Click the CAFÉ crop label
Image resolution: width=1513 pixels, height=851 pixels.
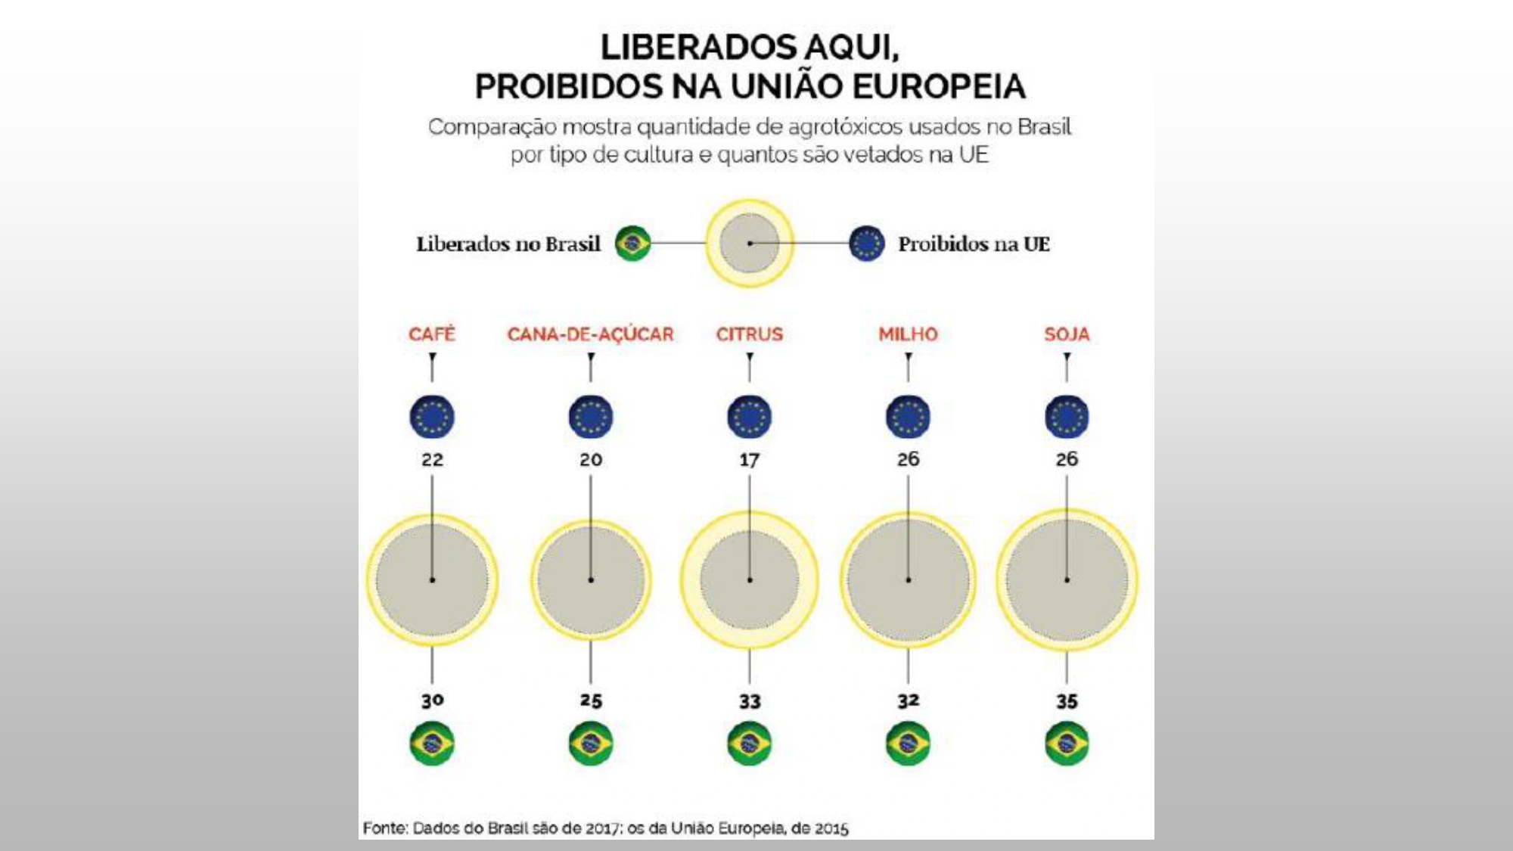tap(432, 334)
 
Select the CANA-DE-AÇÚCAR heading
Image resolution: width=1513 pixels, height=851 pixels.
tap(590, 334)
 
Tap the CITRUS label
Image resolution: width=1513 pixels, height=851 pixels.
tap(749, 334)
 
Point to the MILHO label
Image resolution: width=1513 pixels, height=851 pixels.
tap(908, 334)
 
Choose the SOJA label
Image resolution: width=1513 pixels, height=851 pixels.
tap(1067, 334)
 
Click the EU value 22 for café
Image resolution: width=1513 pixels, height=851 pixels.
tap(432, 459)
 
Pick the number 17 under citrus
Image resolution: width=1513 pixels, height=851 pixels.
tap(749, 459)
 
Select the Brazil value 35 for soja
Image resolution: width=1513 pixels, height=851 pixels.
tap(1067, 701)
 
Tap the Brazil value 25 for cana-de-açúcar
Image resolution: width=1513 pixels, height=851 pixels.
tap(591, 700)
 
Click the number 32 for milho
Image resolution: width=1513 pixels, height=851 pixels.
tap(908, 701)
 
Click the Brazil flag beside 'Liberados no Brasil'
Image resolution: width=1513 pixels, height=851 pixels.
tap(632, 244)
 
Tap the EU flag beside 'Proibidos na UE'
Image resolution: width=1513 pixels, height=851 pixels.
tap(867, 244)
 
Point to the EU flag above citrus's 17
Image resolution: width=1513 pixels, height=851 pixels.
tap(749, 417)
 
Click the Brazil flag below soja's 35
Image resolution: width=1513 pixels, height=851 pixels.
tap(1067, 744)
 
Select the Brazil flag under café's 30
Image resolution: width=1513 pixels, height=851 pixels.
tap(432, 744)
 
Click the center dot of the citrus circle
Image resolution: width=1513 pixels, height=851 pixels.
tap(750, 580)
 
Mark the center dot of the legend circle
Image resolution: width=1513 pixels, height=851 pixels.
tap(750, 244)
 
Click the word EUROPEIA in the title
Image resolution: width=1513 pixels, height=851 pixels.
tap(940, 86)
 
